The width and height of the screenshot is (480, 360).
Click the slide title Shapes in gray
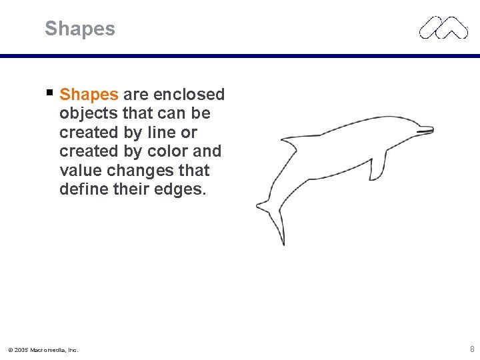click(80, 29)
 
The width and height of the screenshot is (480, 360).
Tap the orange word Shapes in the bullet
click(89, 95)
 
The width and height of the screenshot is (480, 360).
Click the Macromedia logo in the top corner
click(443, 27)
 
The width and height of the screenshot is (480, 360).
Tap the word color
click(166, 151)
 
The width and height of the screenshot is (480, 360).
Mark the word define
click(83, 189)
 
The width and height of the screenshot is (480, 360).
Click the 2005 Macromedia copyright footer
click(43, 349)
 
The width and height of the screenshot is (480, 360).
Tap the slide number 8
click(472, 349)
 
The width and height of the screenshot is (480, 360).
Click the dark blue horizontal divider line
click(240, 56)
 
